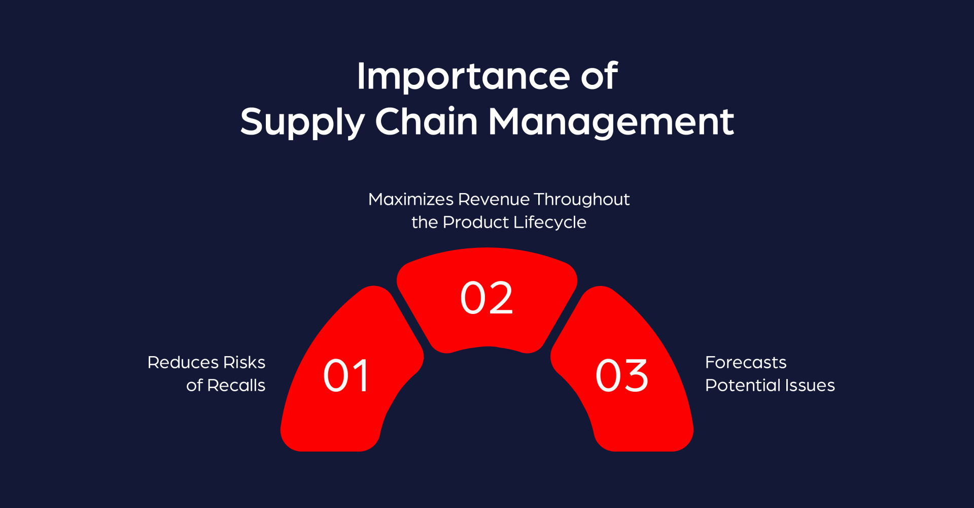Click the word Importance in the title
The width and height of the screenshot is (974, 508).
(x=463, y=76)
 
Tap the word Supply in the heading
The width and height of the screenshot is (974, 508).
(x=302, y=122)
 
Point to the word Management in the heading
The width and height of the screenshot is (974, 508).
(x=611, y=122)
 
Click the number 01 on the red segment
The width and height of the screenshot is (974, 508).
(x=346, y=376)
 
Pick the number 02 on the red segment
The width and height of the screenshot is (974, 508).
(x=486, y=298)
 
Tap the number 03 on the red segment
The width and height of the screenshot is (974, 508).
(x=622, y=376)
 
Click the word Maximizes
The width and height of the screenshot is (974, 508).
(x=411, y=199)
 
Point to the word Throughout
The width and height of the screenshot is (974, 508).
(x=581, y=200)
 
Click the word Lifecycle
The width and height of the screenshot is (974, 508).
(x=550, y=223)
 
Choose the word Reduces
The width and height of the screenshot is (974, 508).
(x=183, y=362)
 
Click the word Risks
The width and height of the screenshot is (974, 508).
(x=244, y=362)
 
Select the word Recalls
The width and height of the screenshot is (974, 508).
(x=236, y=385)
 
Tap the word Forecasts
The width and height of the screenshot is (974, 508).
(x=746, y=362)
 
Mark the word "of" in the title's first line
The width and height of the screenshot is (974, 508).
(x=599, y=76)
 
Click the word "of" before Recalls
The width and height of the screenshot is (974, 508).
(x=194, y=385)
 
